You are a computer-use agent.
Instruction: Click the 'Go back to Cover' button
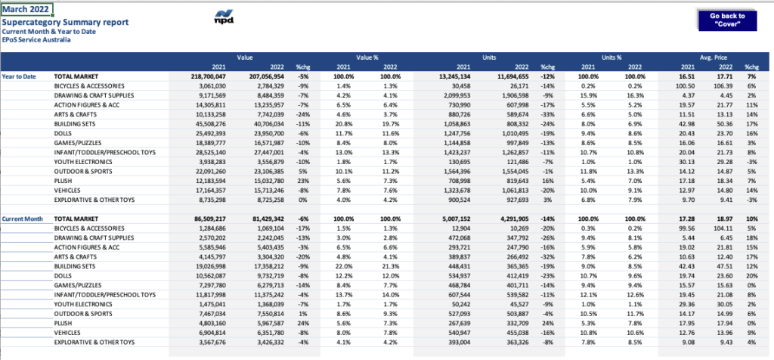727,20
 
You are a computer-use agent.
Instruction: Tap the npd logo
224,17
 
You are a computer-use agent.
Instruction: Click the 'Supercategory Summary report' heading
65,22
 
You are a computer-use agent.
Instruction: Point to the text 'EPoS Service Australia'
36,39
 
